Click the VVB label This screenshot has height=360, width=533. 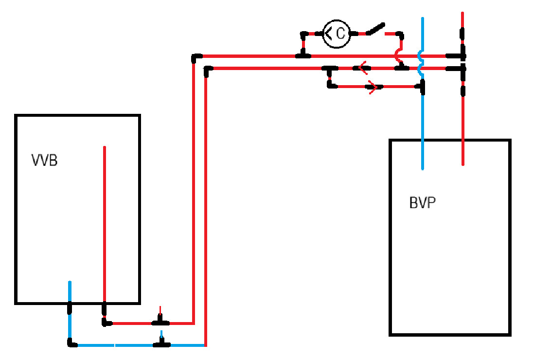click(x=45, y=160)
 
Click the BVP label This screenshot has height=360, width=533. click(x=423, y=202)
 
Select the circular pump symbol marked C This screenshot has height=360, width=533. click(x=336, y=34)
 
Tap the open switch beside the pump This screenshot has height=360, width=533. click(x=375, y=29)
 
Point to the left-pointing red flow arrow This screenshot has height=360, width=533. click(x=363, y=68)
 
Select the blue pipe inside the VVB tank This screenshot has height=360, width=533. click(x=70, y=291)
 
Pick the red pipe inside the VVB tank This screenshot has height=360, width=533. click(x=105, y=224)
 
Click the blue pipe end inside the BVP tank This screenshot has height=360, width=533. click(x=423, y=168)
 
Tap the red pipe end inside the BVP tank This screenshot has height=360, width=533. click(x=462, y=164)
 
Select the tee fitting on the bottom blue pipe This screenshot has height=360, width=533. click(x=161, y=343)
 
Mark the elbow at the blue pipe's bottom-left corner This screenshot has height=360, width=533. click(x=71, y=343)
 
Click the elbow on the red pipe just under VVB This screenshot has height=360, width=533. click(x=106, y=322)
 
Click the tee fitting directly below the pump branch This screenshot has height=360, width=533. click(x=303, y=54)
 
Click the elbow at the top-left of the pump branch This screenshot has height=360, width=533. click(x=303, y=35)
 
